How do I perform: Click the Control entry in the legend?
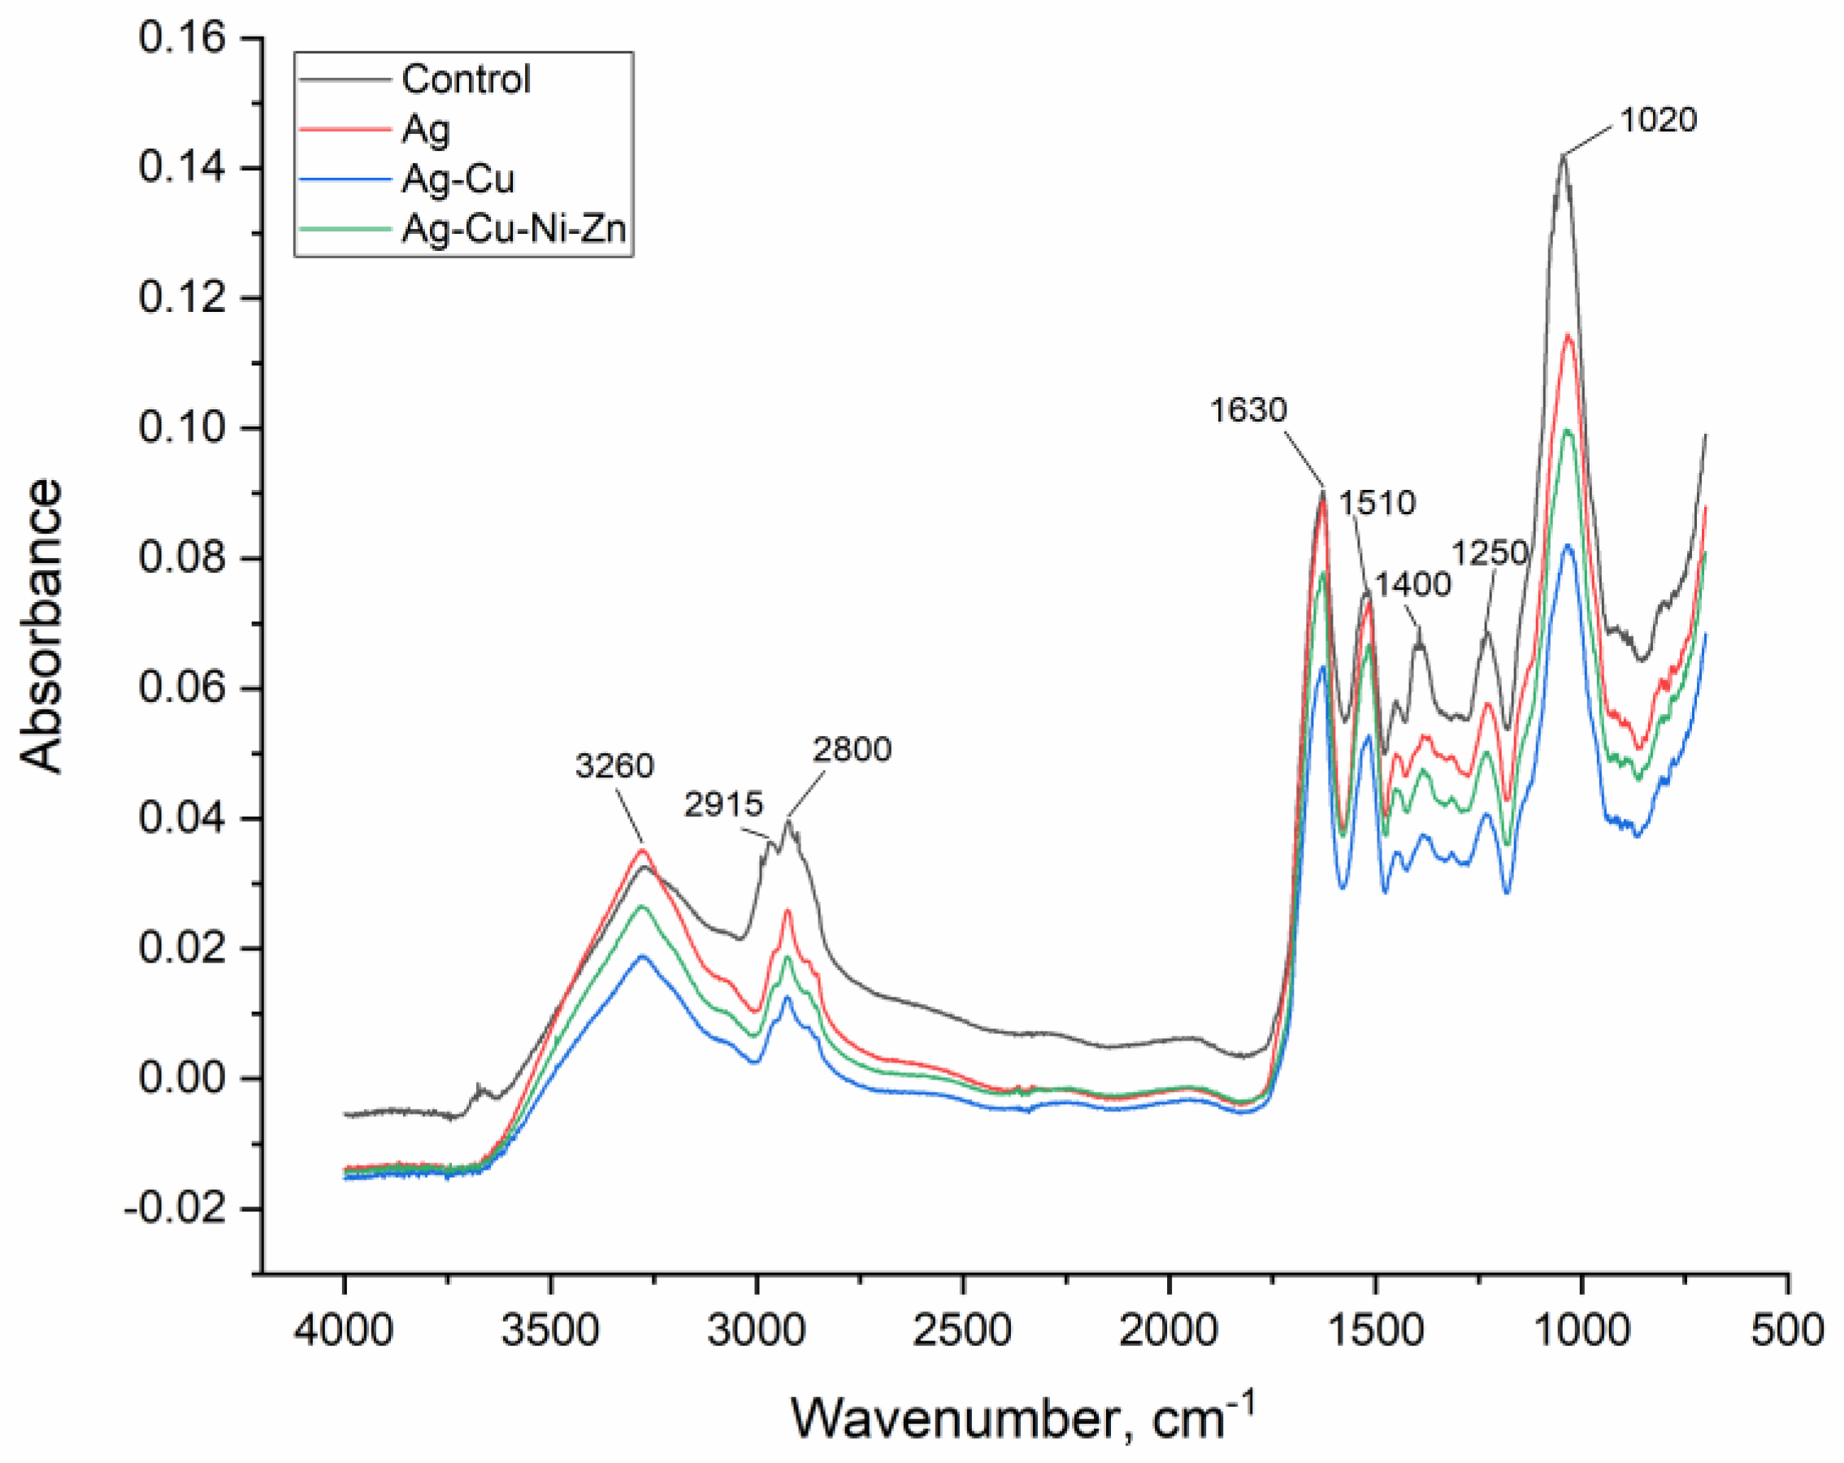(466, 80)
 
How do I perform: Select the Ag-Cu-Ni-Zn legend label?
(514, 229)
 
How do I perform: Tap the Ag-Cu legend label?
(458, 180)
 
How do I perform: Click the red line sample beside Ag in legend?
(344, 130)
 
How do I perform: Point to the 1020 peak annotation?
(1658, 120)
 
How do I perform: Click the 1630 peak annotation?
(1247, 410)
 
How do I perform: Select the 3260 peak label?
(614, 765)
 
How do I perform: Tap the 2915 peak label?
(722, 804)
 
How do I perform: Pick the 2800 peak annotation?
(852, 750)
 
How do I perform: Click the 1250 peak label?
(1489, 553)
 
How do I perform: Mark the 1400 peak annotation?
(1412, 584)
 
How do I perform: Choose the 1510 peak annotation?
(1376, 503)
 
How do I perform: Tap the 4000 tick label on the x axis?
(344, 1331)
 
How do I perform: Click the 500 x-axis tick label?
(1788, 1331)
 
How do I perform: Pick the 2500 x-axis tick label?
(963, 1331)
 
